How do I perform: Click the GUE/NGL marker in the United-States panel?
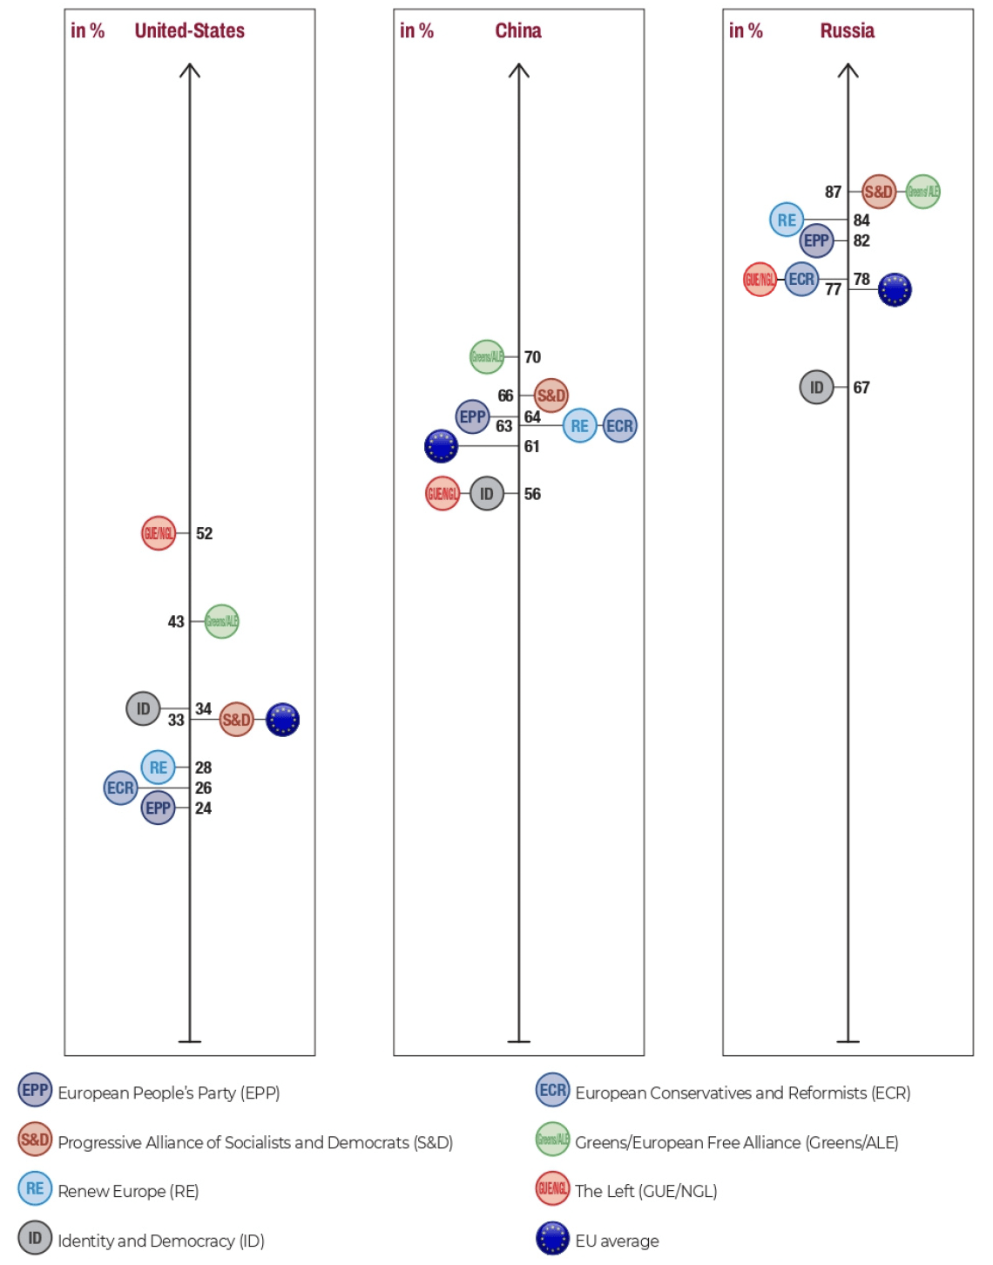159,533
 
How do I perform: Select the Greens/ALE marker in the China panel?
487,356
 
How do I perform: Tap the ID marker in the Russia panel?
816,387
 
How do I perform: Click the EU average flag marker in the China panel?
441,446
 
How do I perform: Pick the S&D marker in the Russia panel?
878,192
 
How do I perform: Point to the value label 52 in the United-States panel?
204,533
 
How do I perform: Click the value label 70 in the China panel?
532,357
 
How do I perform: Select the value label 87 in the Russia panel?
834,192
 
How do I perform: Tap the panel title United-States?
189,31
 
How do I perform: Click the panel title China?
518,31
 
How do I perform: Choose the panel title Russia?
847,31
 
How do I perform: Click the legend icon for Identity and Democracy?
35,1238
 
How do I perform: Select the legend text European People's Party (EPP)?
169,1092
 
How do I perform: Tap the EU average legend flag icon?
552,1238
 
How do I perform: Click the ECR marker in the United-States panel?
120,788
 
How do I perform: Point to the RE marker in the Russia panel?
787,220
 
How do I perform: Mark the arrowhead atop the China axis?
519,70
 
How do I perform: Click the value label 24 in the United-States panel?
203,808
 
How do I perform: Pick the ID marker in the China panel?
487,494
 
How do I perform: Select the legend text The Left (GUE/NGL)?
645,1191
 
